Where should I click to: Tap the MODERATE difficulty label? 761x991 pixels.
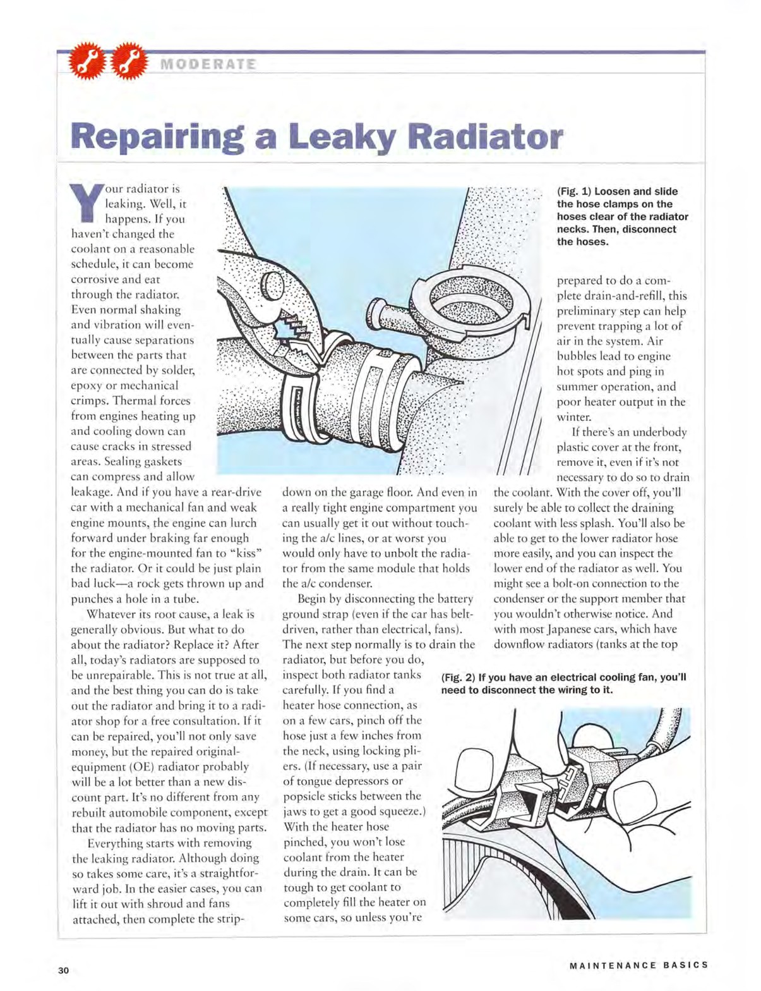208,64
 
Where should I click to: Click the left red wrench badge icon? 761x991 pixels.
84,61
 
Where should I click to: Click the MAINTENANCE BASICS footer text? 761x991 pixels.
638,965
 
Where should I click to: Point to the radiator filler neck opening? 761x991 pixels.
472,295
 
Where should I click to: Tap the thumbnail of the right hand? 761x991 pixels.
637,798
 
